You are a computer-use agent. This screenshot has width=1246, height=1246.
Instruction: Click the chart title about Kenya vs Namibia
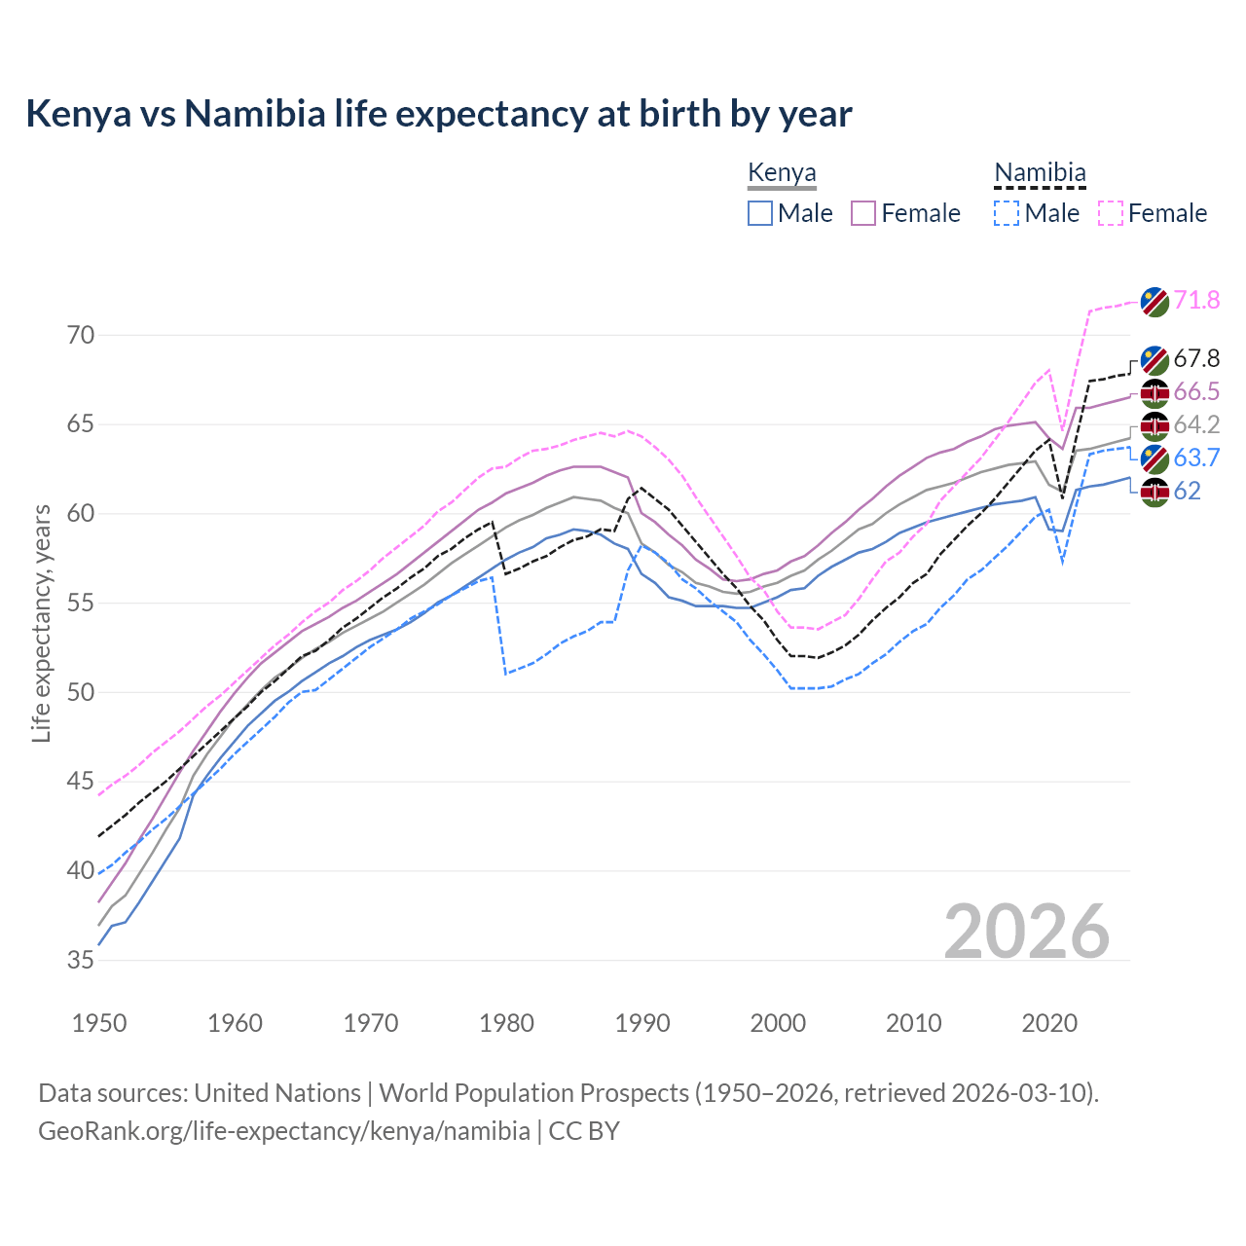click(439, 114)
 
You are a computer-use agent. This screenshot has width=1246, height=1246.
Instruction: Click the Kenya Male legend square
click(760, 213)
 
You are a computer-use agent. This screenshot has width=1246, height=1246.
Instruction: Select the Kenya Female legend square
click(863, 213)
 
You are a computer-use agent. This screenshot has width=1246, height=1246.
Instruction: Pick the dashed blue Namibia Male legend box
click(1007, 213)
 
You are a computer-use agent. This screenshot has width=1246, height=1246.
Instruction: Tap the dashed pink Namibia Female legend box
click(1111, 213)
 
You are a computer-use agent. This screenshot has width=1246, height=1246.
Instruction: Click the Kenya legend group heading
click(782, 173)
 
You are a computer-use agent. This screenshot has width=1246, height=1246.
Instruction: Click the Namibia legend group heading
click(1040, 173)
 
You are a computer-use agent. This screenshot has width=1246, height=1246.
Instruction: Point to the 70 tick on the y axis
click(81, 336)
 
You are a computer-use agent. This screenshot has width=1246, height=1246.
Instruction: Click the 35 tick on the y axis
click(81, 961)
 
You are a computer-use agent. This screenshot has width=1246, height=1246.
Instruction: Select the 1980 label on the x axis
click(507, 1023)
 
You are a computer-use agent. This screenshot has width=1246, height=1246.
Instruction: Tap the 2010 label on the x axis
click(913, 1023)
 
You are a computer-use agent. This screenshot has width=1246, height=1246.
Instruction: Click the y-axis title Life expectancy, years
click(42, 623)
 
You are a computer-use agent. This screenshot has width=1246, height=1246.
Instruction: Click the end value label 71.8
click(1196, 300)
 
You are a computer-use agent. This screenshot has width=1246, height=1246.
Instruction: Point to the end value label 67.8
click(1196, 358)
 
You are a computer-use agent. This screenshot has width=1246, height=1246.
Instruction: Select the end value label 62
click(1187, 491)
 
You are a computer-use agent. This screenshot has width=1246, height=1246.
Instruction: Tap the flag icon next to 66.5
click(1154, 392)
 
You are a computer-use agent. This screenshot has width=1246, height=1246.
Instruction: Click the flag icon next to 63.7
click(1154, 458)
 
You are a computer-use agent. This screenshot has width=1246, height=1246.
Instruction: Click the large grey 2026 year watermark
click(1027, 932)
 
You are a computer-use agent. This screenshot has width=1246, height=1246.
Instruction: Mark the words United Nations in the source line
click(277, 1093)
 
